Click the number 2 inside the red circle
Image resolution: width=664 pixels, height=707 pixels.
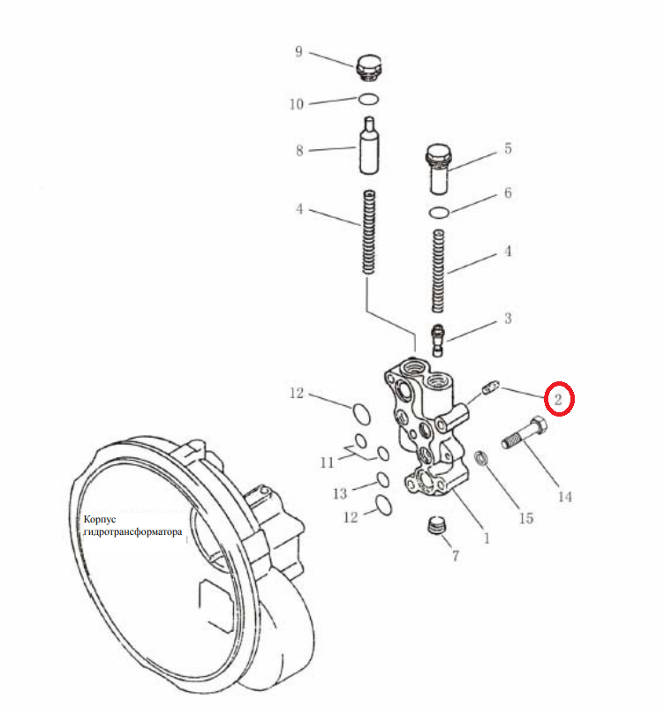click(x=558, y=399)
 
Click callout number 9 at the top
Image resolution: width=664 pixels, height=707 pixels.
click(x=298, y=51)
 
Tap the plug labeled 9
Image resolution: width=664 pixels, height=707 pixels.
click(x=369, y=68)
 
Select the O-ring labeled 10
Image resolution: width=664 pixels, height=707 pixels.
click(x=368, y=99)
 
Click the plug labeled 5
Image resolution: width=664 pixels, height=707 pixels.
click(x=439, y=169)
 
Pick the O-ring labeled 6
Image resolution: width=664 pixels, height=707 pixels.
click(x=439, y=213)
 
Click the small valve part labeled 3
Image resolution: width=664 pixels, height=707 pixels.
click(x=438, y=340)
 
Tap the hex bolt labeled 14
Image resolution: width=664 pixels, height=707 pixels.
click(x=525, y=432)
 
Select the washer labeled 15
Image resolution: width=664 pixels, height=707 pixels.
click(x=481, y=459)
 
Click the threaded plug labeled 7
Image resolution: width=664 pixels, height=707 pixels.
click(x=436, y=525)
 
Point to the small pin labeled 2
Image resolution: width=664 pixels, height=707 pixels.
click(x=491, y=387)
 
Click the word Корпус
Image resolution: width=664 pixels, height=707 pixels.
click(x=100, y=519)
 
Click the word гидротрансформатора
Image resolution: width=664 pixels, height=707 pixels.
click(x=133, y=532)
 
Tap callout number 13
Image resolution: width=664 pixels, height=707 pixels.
click(x=340, y=493)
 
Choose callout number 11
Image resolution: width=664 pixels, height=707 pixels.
click(x=327, y=463)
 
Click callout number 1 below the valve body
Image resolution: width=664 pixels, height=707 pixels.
click(x=487, y=538)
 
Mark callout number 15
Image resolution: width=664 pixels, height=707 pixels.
click(x=526, y=518)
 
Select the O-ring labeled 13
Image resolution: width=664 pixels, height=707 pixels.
click(x=382, y=479)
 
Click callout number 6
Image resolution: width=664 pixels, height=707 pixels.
click(x=508, y=193)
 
